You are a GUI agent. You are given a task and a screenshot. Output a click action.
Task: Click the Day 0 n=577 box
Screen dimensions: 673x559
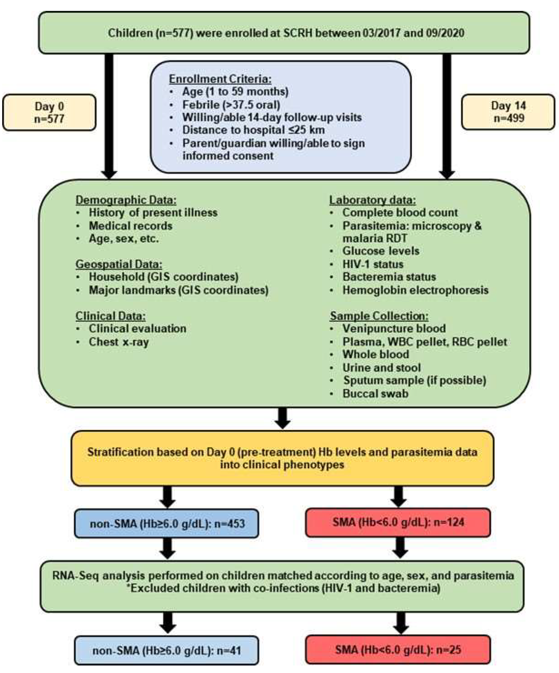[x=49, y=112]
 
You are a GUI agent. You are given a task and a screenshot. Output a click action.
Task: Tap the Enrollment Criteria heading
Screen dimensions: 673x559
[x=220, y=79]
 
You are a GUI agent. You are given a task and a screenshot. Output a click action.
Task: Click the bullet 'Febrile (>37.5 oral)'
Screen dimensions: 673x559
[x=231, y=104]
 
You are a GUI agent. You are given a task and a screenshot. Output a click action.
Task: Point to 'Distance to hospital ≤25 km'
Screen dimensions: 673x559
[x=253, y=130]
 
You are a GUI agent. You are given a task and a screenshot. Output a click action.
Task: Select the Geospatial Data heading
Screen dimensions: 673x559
[x=118, y=264]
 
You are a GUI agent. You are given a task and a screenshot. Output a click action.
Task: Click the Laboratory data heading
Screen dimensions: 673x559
[x=373, y=200]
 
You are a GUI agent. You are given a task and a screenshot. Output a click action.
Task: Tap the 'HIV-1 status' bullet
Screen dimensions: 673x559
[x=373, y=264]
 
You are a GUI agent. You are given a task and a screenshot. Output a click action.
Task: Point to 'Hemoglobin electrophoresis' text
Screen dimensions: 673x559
[x=415, y=290]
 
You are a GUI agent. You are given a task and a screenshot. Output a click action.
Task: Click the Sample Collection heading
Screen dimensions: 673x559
[x=379, y=316]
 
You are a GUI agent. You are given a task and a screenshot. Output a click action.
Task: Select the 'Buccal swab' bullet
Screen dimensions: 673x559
[x=375, y=393]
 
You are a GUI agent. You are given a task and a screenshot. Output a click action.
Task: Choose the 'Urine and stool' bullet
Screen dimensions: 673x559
[x=381, y=367]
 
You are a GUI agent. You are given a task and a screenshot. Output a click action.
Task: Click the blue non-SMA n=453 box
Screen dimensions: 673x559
[x=167, y=524]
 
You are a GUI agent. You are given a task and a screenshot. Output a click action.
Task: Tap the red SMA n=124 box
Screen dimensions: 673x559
[x=398, y=522]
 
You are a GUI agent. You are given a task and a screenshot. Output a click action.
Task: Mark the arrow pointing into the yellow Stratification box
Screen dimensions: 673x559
[x=282, y=418]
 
